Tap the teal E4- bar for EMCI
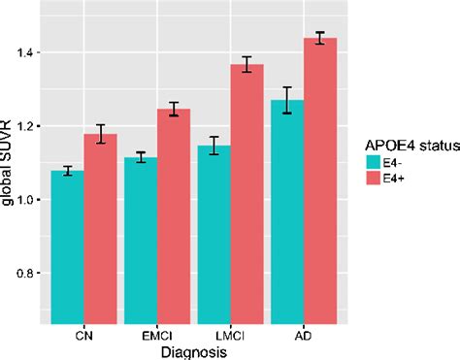pyautogui.click(x=141, y=239)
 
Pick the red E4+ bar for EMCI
pyautogui.click(x=174, y=214)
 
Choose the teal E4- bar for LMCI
pyautogui.click(x=215, y=233)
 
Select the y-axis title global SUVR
pyautogui.click(x=8, y=165)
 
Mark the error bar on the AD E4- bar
pyautogui.click(x=288, y=100)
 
